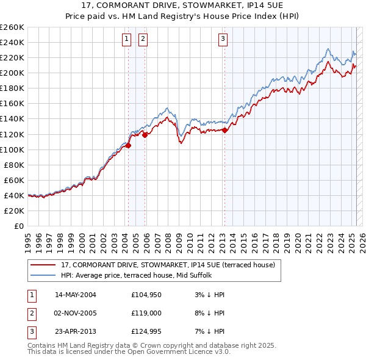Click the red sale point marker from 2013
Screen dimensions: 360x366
click(224, 130)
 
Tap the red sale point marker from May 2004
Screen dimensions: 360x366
click(129, 145)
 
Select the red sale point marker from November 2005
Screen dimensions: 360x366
click(145, 135)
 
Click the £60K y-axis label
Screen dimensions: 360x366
click(13, 180)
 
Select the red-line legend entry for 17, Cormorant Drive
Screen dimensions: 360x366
click(168, 265)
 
